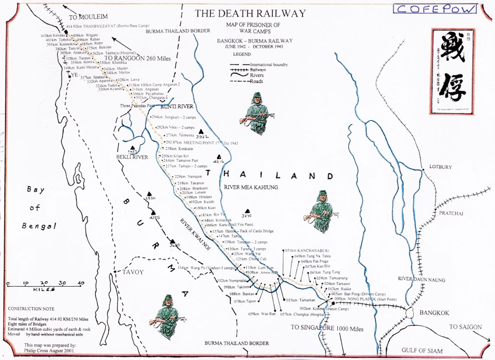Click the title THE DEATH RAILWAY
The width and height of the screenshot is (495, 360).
pos(250,13)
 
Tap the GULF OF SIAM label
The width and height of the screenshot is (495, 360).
pos(422,350)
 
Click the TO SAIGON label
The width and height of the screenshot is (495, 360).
pos(465,327)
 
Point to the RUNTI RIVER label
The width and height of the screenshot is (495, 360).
pos(177,107)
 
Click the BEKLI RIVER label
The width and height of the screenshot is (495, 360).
pos(132,157)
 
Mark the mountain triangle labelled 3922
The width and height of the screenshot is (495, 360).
pos(201,132)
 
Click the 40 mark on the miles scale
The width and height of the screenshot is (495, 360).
pos(81,283)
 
